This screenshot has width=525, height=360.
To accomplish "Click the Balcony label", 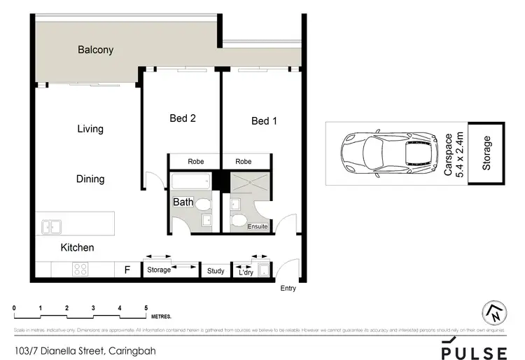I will [95, 50].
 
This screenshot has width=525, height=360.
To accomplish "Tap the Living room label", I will [90, 129].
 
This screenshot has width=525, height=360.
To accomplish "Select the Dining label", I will [90, 179].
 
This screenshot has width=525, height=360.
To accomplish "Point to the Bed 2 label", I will [183, 118].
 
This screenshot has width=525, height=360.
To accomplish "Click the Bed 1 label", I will [265, 121].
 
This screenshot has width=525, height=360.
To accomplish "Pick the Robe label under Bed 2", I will [195, 162].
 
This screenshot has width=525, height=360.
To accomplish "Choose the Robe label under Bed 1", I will [243, 162].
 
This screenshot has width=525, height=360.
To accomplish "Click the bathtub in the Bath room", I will [190, 183].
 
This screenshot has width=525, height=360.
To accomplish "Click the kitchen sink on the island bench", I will [51, 226].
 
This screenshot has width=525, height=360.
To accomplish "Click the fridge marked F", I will [127, 270].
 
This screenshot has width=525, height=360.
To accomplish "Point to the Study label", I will [216, 270].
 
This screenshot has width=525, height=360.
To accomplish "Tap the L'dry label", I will [245, 271].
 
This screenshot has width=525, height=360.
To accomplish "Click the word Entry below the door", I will [288, 288].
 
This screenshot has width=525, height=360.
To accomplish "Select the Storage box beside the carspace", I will [487, 153].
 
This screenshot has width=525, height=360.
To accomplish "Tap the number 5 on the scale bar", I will [146, 308].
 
